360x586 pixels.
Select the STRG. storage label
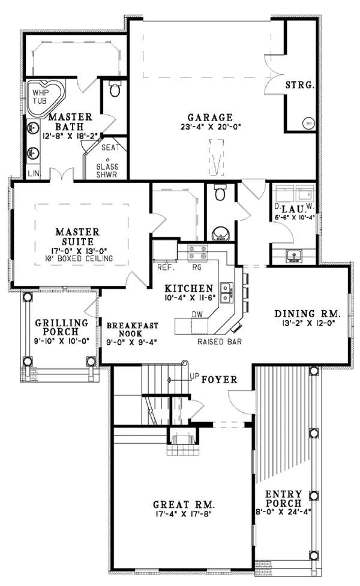coord(300,85)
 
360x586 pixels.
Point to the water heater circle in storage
coord(309,124)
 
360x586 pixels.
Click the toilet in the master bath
coord(115,90)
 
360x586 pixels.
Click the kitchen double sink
coord(227,292)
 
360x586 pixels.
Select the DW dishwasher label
coord(196,314)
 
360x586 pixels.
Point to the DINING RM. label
coord(307,313)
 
